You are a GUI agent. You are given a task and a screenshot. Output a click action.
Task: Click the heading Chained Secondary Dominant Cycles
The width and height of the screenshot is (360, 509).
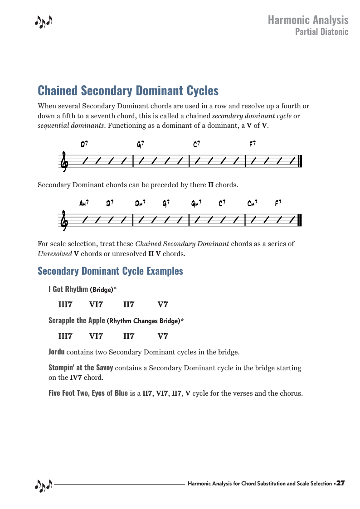(x=128, y=91)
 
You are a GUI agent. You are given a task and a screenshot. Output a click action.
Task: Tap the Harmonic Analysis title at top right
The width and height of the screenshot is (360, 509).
(x=308, y=20)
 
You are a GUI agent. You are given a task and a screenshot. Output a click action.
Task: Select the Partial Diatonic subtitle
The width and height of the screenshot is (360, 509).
(x=321, y=32)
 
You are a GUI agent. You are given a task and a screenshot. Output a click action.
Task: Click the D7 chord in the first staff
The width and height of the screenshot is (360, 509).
(x=84, y=145)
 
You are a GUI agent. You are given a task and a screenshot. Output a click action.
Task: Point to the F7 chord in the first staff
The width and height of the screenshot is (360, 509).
(x=253, y=145)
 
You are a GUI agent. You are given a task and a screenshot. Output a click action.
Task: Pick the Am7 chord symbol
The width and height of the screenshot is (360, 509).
(x=84, y=204)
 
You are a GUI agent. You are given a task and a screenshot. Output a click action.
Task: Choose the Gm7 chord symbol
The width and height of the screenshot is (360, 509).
(x=196, y=204)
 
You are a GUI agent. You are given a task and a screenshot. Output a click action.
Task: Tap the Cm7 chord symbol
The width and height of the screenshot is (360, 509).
(x=253, y=204)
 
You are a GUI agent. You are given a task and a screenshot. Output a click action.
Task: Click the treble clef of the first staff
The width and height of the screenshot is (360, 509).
(x=64, y=162)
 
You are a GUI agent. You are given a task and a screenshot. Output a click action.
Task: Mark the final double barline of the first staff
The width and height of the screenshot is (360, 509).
(x=300, y=161)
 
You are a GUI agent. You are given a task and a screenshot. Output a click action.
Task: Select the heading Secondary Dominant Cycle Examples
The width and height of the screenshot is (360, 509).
(x=110, y=271)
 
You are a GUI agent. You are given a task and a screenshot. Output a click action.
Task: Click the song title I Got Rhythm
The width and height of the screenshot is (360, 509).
(x=68, y=289)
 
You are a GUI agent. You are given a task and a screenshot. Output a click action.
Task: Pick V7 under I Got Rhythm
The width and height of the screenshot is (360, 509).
(x=163, y=305)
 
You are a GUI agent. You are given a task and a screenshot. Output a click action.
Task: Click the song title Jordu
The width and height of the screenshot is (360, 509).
(x=56, y=352)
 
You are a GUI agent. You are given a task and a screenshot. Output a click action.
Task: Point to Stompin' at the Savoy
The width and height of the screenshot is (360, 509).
(x=81, y=368)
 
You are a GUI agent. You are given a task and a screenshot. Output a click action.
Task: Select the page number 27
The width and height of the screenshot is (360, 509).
(x=341, y=484)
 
